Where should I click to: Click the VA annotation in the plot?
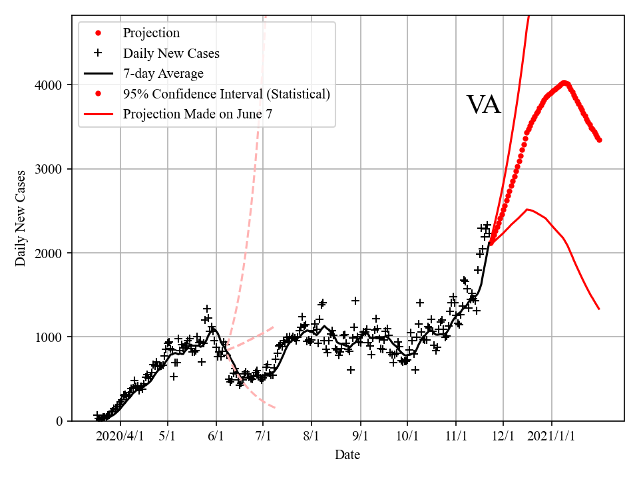[483, 105]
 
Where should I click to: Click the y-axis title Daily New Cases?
[21, 218]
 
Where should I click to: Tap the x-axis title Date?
[347, 455]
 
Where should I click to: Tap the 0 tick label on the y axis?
[60, 421]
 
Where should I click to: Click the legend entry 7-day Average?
[163, 73]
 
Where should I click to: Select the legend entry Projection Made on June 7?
[198, 114]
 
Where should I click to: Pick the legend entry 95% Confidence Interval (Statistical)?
[226, 94]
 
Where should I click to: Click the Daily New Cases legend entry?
[171, 53]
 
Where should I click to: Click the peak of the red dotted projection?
[564, 82]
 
